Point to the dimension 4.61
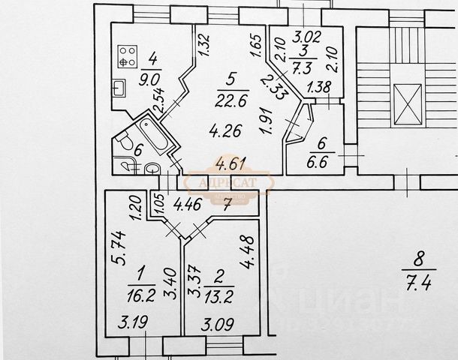click(230, 163)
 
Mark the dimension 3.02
click(306, 36)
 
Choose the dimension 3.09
click(218, 325)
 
